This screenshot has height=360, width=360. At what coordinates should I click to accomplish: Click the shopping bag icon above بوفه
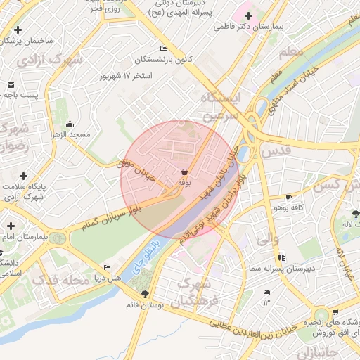184,172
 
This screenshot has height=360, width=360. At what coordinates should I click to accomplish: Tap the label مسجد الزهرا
70,134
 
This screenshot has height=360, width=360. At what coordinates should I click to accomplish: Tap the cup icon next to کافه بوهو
288,197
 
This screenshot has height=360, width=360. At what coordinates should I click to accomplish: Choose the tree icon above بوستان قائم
146,294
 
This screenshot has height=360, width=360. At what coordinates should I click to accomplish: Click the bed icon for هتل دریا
107,267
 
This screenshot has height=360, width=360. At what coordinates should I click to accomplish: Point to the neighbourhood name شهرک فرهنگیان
199,292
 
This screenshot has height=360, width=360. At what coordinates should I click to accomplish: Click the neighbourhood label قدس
276,150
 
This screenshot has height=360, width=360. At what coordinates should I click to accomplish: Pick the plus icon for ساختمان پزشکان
18,30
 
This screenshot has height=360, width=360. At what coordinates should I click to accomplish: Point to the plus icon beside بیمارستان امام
10,226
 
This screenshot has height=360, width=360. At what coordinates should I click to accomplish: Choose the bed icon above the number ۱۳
266,292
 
